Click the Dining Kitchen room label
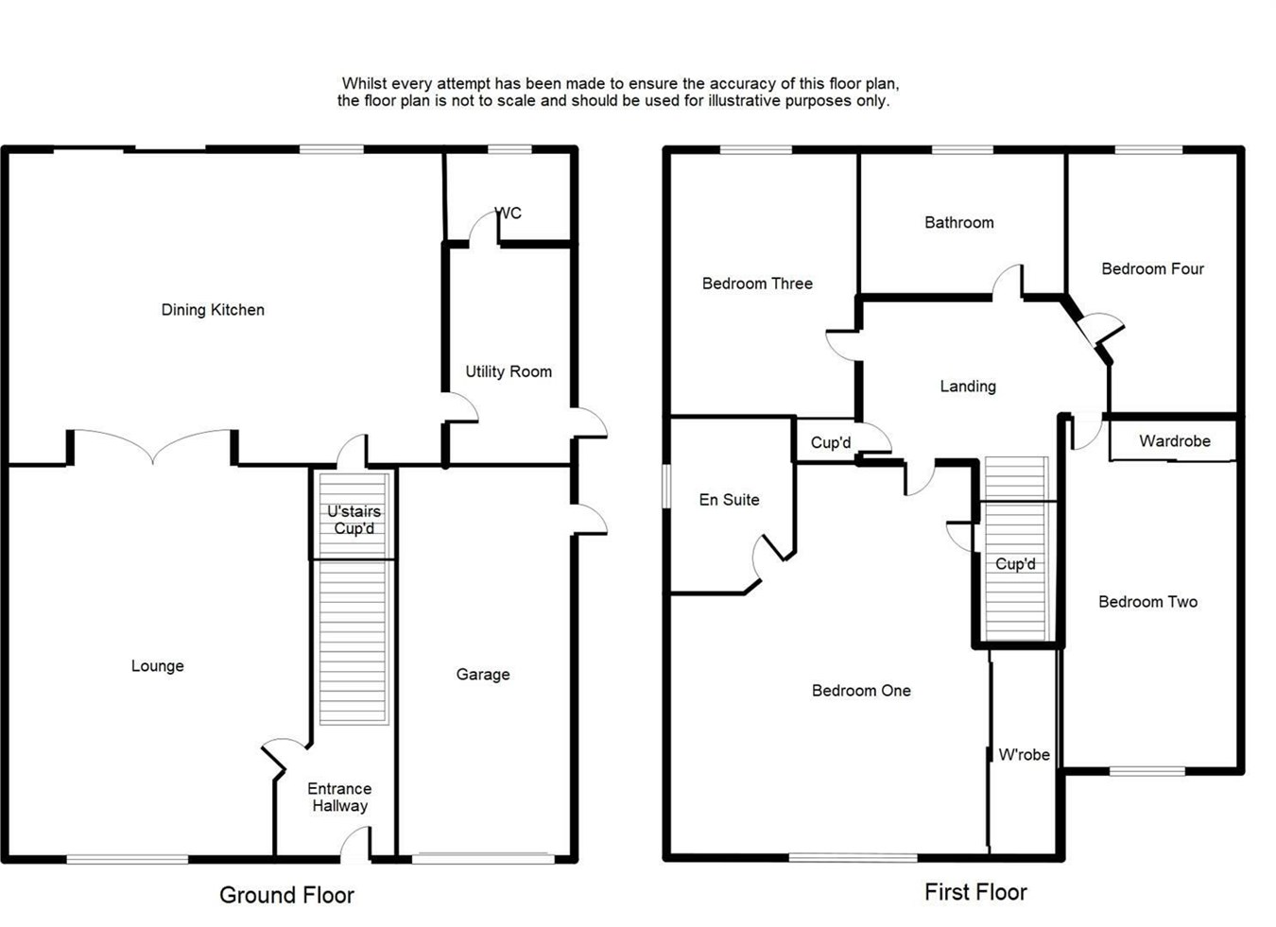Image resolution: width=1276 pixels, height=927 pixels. pos(213,310)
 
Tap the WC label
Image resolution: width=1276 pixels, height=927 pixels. pos(509,214)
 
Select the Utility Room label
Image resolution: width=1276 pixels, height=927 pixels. pos(509,371)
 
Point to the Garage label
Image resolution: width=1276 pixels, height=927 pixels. pos(483,674)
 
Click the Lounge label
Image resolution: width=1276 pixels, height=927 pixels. pos(158,666)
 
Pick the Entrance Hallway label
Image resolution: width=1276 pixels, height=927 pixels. pos(339,797)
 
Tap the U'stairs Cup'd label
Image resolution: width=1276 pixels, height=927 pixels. pos(353,520)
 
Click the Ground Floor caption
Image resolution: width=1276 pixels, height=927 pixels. pos(286,895)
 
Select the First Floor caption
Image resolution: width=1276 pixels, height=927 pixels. pos(975,892)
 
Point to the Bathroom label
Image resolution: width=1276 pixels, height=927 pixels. pos(958,223)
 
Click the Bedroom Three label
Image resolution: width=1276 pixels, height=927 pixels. pos(757,283)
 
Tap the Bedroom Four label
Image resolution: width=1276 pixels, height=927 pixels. pos(1152,269)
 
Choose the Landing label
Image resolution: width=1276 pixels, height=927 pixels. pos(968,386)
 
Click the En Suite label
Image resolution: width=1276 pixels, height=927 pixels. pos(729,500)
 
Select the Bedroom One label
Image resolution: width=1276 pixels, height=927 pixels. pos(861,691)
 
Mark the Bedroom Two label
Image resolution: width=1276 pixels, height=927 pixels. pos(1147,602)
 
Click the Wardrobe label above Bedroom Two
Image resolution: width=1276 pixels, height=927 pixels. pos(1174,441)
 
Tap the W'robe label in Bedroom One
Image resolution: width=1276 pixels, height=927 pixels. pos(1024,755)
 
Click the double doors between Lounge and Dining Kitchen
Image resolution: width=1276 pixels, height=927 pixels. pos(153,448)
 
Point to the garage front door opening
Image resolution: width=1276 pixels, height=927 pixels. pos(483,858)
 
